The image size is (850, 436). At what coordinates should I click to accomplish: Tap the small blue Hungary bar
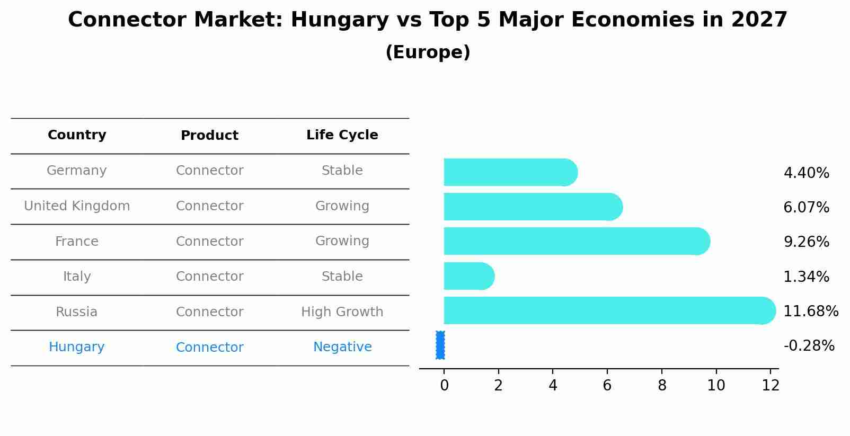pyautogui.click(x=440, y=345)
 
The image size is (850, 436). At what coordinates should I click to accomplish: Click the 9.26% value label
pyautogui.click(x=806, y=242)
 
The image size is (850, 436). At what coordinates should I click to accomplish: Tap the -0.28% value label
pyautogui.click(x=809, y=346)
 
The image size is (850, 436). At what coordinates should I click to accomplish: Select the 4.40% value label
pyautogui.click(x=806, y=173)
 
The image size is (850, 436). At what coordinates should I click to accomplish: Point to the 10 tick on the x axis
pyautogui.click(x=716, y=386)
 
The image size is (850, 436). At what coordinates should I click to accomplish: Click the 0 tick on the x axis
pyautogui.click(x=444, y=386)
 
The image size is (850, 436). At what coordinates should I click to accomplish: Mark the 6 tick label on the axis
pyautogui.click(x=607, y=386)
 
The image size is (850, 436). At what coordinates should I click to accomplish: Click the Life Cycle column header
pyautogui.click(x=342, y=135)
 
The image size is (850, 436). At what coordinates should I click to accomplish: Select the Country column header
pyautogui.click(x=77, y=135)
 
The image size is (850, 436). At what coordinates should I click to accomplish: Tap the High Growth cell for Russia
pyautogui.click(x=342, y=312)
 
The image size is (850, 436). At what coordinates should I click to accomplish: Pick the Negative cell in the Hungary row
pyautogui.click(x=342, y=347)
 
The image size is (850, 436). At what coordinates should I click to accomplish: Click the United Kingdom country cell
pyautogui.click(x=77, y=206)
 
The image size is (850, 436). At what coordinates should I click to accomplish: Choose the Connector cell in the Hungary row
pyautogui.click(x=210, y=348)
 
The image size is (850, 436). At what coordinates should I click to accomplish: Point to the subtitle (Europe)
pyautogui.click(x=428, y=52)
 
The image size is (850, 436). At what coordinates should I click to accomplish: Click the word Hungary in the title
pyautogui.click(x=339, y=21)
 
